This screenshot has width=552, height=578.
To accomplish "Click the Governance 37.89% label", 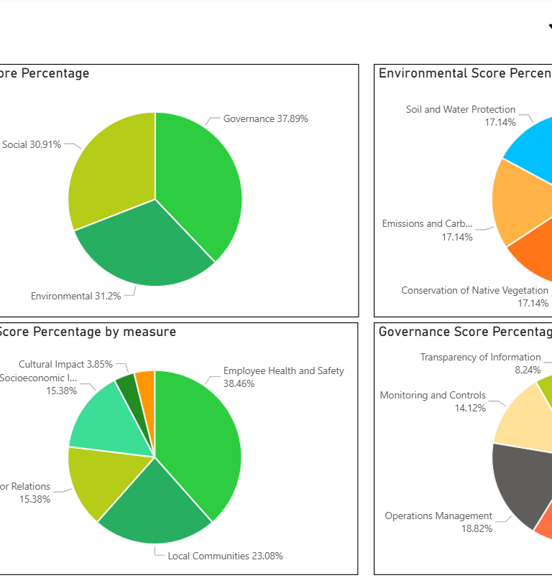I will pyautogui.click(x=265, y=118).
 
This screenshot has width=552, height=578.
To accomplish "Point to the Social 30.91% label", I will pyautogui.click(x=32, y=144).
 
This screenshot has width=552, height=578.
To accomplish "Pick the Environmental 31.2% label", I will pyautogui.click(x=75, y=296).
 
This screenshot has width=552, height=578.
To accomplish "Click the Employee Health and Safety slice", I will pyautogui.click(x=201, y=438).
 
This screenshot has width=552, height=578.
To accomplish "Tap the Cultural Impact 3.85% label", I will pyautogui.click(x=65, y=364).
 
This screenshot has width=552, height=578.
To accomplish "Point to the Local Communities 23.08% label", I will pyautogui.click(x=225, y=556).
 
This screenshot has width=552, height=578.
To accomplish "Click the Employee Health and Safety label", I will pyautogui.click(x=283, y=371).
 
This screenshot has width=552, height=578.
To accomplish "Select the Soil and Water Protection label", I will pyautogui.click(x=461, y=110).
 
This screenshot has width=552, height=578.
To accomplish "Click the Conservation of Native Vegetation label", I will pyautogui.click(x=474, y=291).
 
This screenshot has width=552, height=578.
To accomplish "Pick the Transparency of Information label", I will pyautogui.click(x=480, y=357).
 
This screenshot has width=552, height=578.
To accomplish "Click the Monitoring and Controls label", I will pyautogui.click(x=433, y=395).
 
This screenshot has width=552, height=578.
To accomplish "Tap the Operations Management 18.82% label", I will pyautogui.click(x=438, y=516).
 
